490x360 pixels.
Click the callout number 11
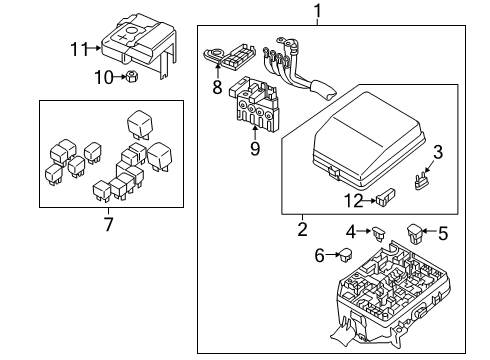coord(79,49)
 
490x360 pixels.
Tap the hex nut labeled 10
coord(132,77)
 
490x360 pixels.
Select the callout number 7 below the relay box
coord(108,224)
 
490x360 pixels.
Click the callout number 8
coord(217,87)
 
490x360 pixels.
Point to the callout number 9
coord(255,148)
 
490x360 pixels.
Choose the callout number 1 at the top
coord(318,10)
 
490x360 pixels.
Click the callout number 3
coord(438,152)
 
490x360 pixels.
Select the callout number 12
coord(354,201)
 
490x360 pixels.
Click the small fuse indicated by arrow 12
coord(386,197)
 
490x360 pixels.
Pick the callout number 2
coord(302,229)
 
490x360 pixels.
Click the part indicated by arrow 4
coord(379,233)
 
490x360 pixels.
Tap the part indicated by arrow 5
coord(415,233)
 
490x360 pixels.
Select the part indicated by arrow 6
coord(346,255)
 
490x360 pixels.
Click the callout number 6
coord(319,255)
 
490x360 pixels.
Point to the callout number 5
coord(443,233)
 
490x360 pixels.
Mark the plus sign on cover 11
coord(123,37)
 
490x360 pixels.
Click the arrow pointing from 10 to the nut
coord(119,77)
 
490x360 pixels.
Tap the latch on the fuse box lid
coord(334,173)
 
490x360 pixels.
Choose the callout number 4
coord(351,232)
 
